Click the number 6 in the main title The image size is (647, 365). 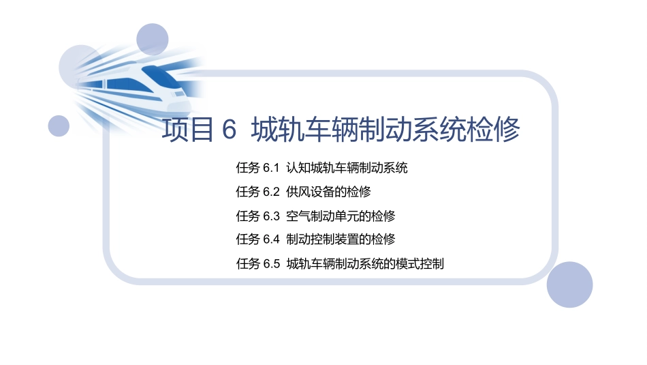point(229,130)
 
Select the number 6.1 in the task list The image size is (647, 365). point(271,168)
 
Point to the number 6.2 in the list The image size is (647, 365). point(271,192)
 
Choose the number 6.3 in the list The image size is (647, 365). point(271,216)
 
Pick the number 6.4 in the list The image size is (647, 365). point(271,239)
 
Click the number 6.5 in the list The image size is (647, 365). point(271,264)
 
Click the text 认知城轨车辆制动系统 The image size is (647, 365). point(347,168)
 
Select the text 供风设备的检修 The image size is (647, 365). point(328,192)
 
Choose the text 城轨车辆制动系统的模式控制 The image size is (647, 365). point(365,264)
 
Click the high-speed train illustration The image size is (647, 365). point(133,85)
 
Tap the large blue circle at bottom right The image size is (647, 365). point(569,284)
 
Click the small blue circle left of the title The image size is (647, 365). point(59,126)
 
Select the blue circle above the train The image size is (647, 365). point(152,40)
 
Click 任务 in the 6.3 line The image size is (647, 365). point(247,216)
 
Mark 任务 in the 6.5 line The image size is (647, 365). point(247,264)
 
